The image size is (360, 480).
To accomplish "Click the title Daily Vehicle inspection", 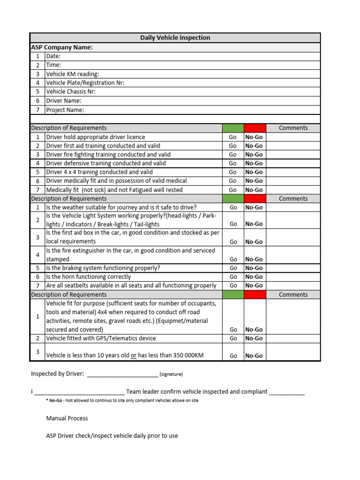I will pyautogui.click(x=175, y=37).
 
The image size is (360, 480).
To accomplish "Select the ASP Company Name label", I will pyautogui.click(x=62, y=47).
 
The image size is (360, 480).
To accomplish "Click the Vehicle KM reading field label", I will pyautogui.click(x=72, y=74).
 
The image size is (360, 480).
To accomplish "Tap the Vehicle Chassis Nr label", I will pyautogui.click(x=71, y=92).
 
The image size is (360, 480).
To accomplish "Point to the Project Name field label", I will pyautogui.click(x=65, y=110).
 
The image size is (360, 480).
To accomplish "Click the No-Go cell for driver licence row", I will pyautogui.click(x=254, y=137).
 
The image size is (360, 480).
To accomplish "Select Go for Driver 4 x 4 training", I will pyautogui.click(x=233, y=172).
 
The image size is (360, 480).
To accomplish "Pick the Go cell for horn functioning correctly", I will pyautogui.click(x=233, y=277).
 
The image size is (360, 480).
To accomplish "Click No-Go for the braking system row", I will pyautogui.click(x=254, y=268).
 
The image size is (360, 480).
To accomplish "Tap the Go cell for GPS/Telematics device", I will pyautogui.click(x=233, y=338).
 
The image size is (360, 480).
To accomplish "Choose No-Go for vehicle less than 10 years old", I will pyautogui.click(x=254, y=356).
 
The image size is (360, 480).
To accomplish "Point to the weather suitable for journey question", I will pyautogui.click(x=121, y=207).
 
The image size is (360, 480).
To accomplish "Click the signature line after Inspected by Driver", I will pyautogui.click(x=122, y=375).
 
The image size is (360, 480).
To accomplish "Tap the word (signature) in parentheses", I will pyautogui.click(x=171, y=375).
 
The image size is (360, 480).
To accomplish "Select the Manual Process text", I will pyautogui.click(x=67, y=418).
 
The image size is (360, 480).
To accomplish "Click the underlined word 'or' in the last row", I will pyautogui.click(x=134, y=356).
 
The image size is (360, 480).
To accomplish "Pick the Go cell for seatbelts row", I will pyautogui.click(x=233, y=285).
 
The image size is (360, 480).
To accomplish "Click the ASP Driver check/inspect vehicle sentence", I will pyautogui.click(x=112, y=435).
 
